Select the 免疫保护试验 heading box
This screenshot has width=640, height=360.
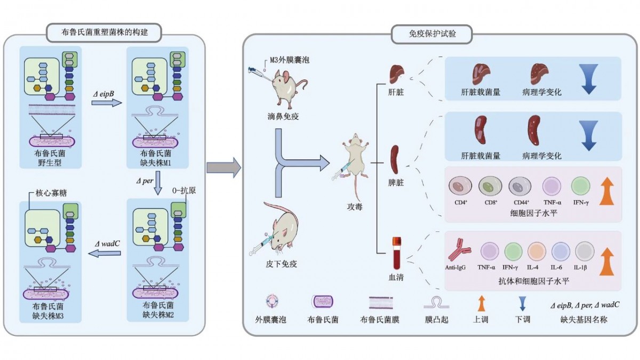click(432, 35)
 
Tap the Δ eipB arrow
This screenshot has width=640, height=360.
click(106, 102)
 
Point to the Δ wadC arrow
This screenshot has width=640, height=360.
click(103, 253)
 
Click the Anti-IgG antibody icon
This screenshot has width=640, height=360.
click(458, 251)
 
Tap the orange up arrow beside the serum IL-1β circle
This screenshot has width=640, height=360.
click(606, 261)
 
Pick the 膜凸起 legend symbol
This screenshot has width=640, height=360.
click(436, 303)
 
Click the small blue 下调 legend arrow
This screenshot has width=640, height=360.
click(523, 303)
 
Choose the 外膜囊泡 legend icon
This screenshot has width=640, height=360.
click(270, 302)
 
